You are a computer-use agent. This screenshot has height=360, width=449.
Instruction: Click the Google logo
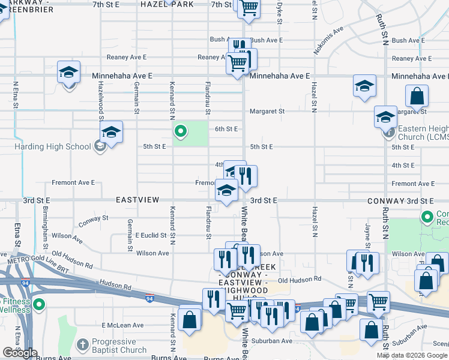coord(20,353)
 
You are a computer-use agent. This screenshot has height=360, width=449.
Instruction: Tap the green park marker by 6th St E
coord(180,131)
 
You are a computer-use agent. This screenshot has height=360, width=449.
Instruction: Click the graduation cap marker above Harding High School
coord(111,132)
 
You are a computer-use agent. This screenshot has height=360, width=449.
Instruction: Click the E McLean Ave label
coord(122,325)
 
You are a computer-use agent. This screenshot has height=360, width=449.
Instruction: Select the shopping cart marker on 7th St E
coord(248,8)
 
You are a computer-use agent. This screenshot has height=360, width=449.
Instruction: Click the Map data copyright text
coord(412,355)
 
